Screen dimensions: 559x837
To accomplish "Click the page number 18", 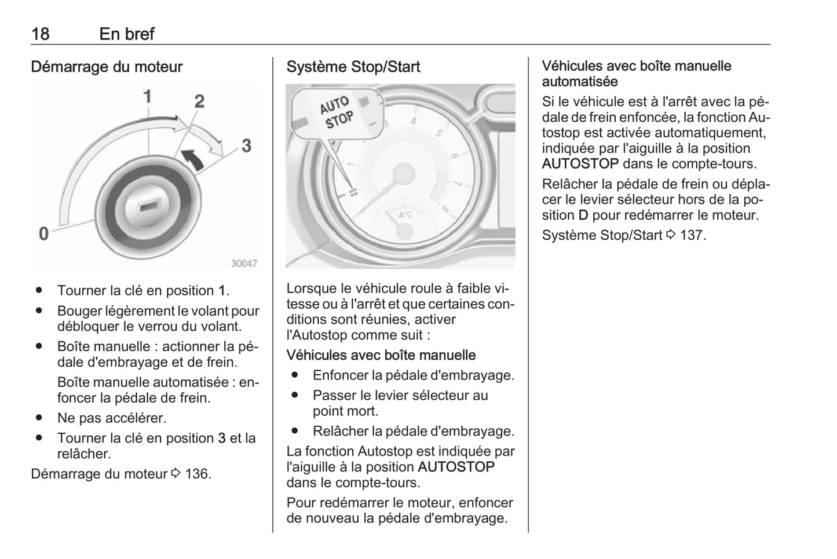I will [x=40, y=34].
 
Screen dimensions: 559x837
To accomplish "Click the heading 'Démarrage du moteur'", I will [x=107, y=67].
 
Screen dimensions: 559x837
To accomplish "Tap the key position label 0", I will [x=43, y=233].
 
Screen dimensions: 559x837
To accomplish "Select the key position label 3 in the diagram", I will [x=246, y=145].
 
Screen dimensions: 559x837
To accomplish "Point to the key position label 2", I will [x=199, y=101].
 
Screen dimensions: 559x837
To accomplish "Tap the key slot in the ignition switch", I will [x=149, y=206].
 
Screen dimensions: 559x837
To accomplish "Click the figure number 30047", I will [x=244, y=263].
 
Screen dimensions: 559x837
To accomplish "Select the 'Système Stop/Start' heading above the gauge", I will [x=353, y=67].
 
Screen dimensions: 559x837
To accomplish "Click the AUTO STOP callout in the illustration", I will [x=336, y=112].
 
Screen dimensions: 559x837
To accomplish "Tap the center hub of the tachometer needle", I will [x=403, y=174].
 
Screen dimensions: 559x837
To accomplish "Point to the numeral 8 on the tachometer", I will [x=445, y=208].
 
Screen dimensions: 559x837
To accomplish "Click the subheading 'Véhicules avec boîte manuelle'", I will [x=381, y=355].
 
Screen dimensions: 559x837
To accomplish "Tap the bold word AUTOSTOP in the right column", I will [x=580, y=164].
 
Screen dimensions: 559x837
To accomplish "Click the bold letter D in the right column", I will [x=583, y=215].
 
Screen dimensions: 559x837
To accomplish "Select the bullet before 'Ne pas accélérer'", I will [x=39, y=418].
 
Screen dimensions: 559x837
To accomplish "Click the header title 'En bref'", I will [x=127, y=34].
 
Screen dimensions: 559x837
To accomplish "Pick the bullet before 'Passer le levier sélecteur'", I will [x=295, y=396].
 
